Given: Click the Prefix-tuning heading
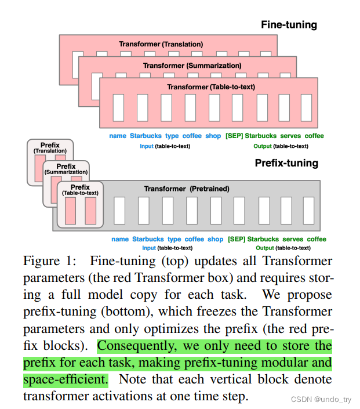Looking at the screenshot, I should point(286,163).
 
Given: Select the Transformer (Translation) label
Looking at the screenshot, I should point(161,44).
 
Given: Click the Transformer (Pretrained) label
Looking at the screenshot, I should point(187,189).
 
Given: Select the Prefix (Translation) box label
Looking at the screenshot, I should point(50,147).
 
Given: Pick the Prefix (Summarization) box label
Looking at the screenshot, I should point(66,169).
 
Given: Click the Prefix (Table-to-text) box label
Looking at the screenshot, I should point(81,190).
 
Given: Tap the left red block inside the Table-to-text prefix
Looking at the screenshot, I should point(71,211).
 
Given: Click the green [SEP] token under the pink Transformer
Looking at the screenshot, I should point(234,136).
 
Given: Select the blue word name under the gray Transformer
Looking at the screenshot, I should point(120,239).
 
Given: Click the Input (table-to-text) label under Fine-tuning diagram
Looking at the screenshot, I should point(165,146).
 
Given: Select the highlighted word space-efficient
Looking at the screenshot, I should point(66,380).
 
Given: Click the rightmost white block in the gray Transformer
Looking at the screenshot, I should point(308,211).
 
